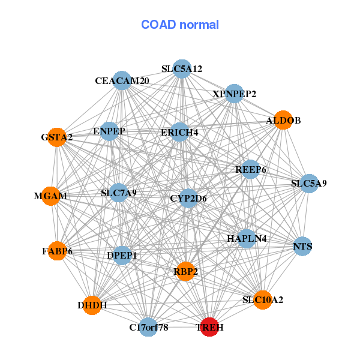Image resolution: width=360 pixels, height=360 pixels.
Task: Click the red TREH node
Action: [209, 327]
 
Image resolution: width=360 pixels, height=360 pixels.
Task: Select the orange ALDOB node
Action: [283, 120]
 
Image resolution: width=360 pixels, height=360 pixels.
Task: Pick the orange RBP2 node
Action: [186, 271]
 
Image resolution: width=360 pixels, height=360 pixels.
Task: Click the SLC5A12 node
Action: [181, 69]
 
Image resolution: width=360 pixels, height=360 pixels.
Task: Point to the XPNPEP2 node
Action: [235, 94]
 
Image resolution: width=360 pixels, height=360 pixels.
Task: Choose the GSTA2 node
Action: [57, 137]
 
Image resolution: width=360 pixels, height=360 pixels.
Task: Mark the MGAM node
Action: [50, 196]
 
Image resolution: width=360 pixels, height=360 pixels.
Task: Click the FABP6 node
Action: [57, 250]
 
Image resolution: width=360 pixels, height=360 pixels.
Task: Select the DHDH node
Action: [92, 305]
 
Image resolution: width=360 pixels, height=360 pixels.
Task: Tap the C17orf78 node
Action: [148, 327]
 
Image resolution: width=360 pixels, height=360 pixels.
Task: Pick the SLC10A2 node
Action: [263, 299]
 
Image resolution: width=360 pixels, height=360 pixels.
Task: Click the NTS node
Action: [302, 246]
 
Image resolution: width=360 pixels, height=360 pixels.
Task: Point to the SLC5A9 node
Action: [309, 183]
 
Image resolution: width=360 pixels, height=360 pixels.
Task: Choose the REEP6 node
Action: [251, 170]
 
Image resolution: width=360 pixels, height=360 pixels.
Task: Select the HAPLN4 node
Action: [247, 238]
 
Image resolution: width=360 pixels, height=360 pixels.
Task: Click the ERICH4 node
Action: [179, 131]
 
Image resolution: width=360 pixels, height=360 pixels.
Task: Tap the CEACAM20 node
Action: [122, 80]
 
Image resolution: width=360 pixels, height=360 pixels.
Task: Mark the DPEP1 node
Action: [122, 256]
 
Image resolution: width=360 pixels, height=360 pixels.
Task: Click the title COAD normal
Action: [180, 25]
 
